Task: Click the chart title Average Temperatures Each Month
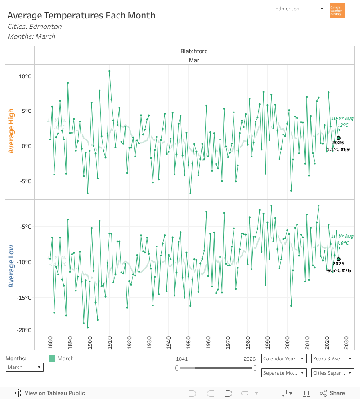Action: [x=81, y=15]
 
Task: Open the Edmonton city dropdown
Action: [x=300, y=9]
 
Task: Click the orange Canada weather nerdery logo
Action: [x=337, y=11]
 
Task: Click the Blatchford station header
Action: [x=194, y=51]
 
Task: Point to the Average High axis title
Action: [x=11, y=131]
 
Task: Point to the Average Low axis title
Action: [x=11, y=266]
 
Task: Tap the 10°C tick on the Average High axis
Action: [x=25, y=76]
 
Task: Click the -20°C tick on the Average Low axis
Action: [x=24, y=330]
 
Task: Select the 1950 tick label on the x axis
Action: [x=189, y=342]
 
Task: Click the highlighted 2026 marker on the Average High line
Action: [x=338, y=138]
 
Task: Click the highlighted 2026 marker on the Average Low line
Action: [x=338, y=259]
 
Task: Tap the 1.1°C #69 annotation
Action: [x=338, y=150]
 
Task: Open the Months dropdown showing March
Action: [x=25, y=367]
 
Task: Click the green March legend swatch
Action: [x=52, y=359]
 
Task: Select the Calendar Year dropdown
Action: [x=284, y=359]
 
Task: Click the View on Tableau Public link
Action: [x=50, y=393]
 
